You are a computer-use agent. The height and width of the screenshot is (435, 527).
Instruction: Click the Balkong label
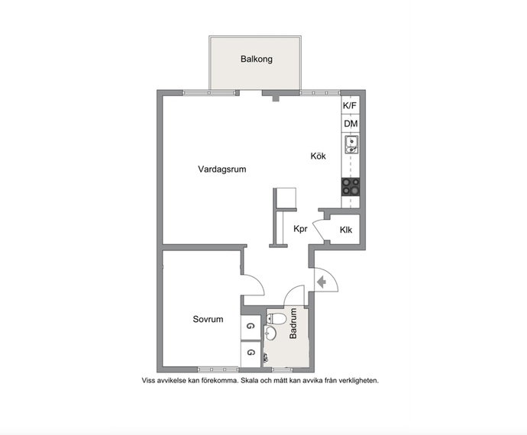[x=257, y=59]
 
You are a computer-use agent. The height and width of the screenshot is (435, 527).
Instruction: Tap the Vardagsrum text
[x=221, y=169]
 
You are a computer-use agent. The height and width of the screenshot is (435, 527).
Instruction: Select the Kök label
[x=318, y=156]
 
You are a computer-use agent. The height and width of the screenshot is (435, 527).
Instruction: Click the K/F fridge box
[x=350, y=105]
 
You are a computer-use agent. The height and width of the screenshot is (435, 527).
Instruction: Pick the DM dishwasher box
[x=351, y=124]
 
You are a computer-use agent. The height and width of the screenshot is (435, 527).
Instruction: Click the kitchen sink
[x=351, y=144]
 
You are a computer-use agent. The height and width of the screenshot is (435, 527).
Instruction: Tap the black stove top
[x=351, y=187]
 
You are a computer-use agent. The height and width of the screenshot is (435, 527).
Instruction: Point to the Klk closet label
[x=346, y=230]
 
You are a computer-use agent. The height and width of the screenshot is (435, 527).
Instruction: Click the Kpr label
[x=300, y=229]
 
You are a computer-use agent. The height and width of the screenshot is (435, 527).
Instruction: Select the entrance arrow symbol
[x=322, y=282]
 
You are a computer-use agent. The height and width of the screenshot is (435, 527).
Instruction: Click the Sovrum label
[x=208, y=319]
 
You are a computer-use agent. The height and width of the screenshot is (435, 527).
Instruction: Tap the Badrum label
[x=293, y=323]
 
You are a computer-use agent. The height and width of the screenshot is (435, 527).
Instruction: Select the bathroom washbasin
[x=270, y=333]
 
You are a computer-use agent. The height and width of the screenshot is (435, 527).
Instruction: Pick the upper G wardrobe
[x=251, y=327]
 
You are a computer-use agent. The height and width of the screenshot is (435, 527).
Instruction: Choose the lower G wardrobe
[x=251, y=353]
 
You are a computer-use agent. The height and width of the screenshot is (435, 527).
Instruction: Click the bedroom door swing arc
[x=259, y=282]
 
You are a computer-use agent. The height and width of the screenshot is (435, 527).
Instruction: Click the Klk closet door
[x=318, y=230]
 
